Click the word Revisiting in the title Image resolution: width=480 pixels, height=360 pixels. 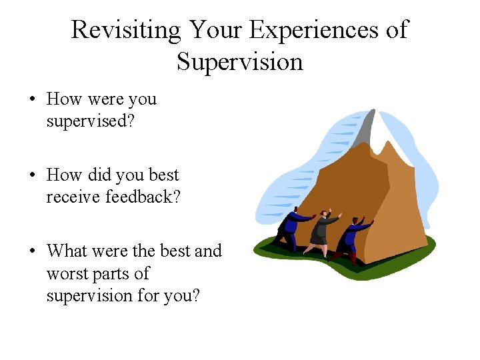(125, 30)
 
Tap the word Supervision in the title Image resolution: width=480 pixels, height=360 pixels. (239, 61)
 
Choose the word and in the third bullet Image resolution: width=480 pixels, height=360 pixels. (207, 251)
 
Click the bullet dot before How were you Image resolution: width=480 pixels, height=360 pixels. (32, 100)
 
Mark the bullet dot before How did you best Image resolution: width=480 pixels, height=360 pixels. (32, 176)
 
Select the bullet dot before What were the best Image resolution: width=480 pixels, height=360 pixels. (32, 252)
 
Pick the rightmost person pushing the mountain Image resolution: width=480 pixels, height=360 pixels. (352, 237)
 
